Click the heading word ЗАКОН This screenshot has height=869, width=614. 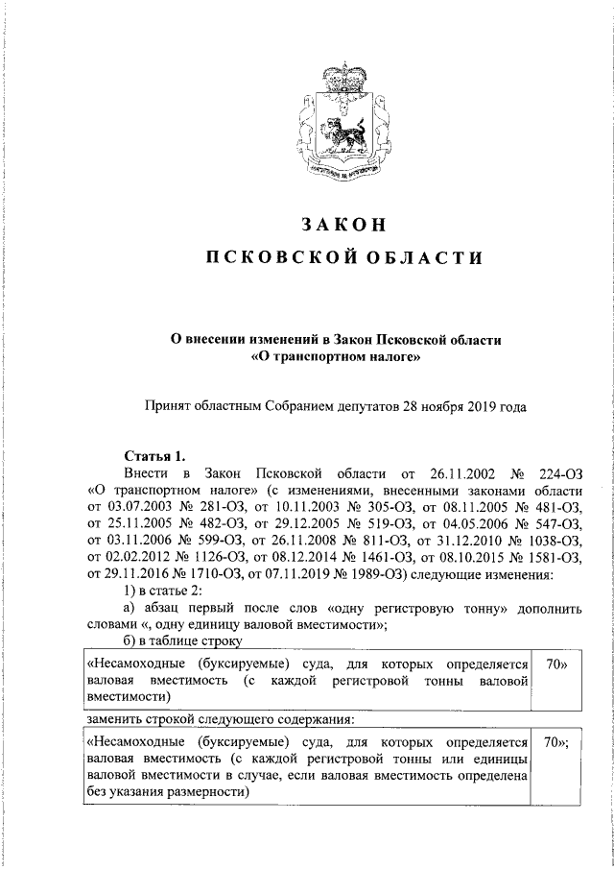coord(341,225)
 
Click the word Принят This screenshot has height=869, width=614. coord(166,406)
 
